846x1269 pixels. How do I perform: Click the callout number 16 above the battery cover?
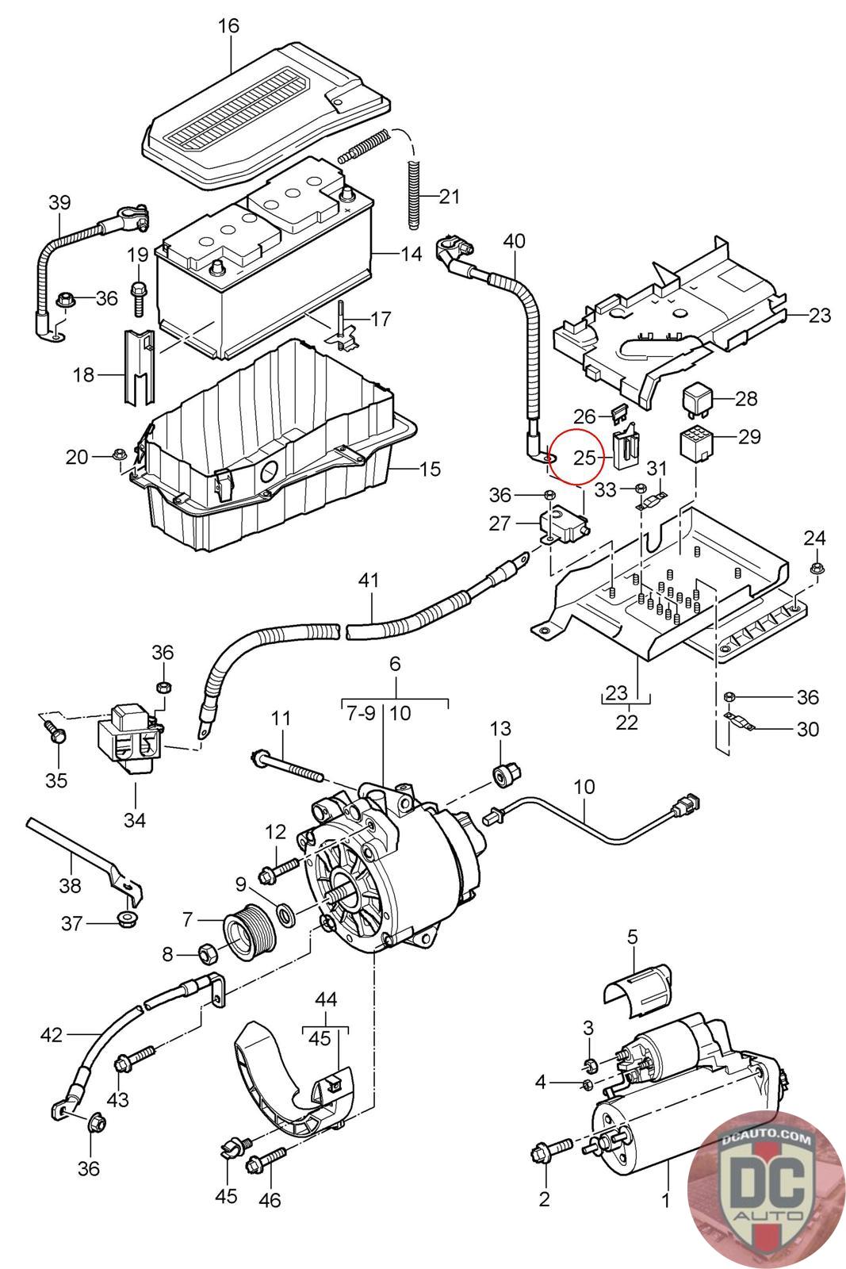[x=228, y=26]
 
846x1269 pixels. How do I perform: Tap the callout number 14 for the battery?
[x=411, y=255]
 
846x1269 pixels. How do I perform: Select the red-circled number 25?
[x=584, y=457]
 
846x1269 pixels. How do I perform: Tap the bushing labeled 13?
[x=504, y=773]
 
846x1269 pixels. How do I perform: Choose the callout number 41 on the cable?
[x=369, y=581]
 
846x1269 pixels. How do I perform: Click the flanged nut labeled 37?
[x=125, y=919]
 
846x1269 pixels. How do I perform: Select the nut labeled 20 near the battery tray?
[x=120, y=454]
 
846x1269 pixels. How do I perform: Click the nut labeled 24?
[x=814, y=568]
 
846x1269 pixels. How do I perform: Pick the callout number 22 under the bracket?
[x=626, y=723]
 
